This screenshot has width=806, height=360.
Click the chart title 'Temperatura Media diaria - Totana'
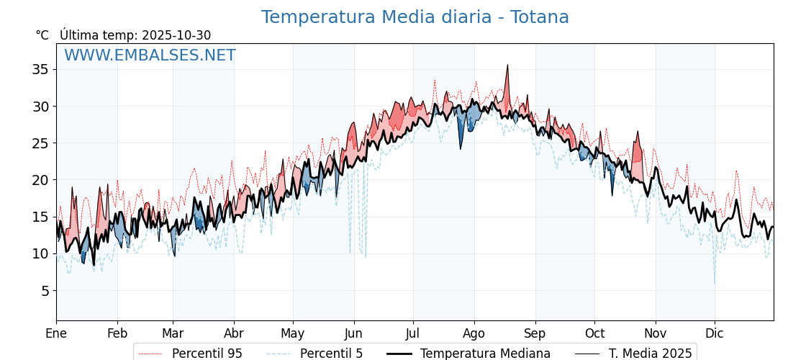(x=415, y=17)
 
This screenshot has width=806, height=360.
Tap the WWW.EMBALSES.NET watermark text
(x=150, y=55)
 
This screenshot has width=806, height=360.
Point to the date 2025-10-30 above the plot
(x=176, y=35)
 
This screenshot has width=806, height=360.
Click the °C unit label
(x=42, y=35)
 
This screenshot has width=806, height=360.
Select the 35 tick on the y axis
(x=40, y=69)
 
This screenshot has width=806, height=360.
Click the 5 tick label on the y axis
(x=44, y=291)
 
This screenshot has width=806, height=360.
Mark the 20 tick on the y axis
(x=40, y=180)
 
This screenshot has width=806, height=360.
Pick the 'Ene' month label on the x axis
(x=56, y=333)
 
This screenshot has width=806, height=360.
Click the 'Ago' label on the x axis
(x=474, y=333)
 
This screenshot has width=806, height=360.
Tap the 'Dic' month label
(x=715, y=333)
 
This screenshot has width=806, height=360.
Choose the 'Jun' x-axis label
(x=353, y=333)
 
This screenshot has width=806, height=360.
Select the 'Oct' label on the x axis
(x=594, y=333)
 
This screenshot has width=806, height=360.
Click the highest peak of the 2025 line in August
(x=507, y=66)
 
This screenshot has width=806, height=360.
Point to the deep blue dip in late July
(x=461, y=148)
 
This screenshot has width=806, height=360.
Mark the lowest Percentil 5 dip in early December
(x=715, y=282)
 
